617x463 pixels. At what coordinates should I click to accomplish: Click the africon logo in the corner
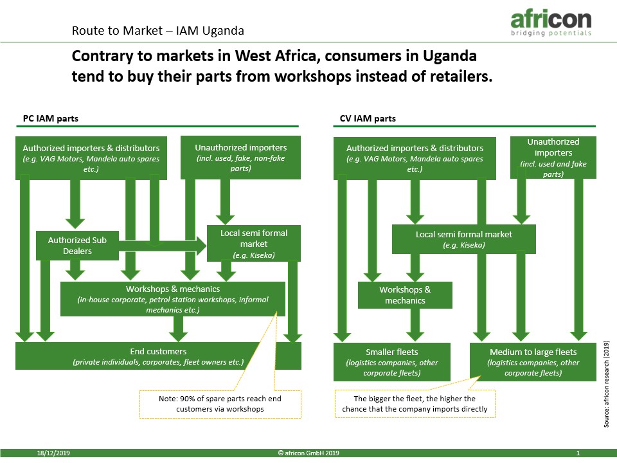point(551,23)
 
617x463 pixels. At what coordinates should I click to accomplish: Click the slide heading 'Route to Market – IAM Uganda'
point(158,31)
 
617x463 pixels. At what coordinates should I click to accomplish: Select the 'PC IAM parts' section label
point(51,118)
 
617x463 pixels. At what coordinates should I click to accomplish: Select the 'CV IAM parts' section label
point(368,118)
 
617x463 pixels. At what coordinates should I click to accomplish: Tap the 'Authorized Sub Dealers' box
point(77,246)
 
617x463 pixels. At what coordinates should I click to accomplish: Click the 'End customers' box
point(158,356)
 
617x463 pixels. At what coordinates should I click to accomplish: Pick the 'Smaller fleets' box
point(392,362)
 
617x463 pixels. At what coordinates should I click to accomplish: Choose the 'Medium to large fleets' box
point(533,362)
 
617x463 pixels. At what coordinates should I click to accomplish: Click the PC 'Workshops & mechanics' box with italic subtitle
point(173,299)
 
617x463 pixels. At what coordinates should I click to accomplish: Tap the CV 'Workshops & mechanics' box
point(405,295)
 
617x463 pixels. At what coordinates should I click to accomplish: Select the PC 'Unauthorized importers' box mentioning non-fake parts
point(241,158)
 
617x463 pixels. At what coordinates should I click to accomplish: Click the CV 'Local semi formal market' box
point(464,239)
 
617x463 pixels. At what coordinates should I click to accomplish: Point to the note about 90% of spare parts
point(220,404)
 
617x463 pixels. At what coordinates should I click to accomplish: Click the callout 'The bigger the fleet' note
point(415,404)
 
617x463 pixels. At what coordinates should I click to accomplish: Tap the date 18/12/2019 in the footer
point(53,453)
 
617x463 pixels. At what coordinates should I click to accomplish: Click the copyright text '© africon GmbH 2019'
point(308,453)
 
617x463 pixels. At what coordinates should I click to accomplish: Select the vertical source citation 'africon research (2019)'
point(606,384)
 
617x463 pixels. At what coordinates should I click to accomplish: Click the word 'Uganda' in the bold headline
point(450,56)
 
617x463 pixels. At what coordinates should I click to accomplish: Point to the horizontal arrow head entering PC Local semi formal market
point(201,246)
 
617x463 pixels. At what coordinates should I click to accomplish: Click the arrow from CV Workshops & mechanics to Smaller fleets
point(415,325)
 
